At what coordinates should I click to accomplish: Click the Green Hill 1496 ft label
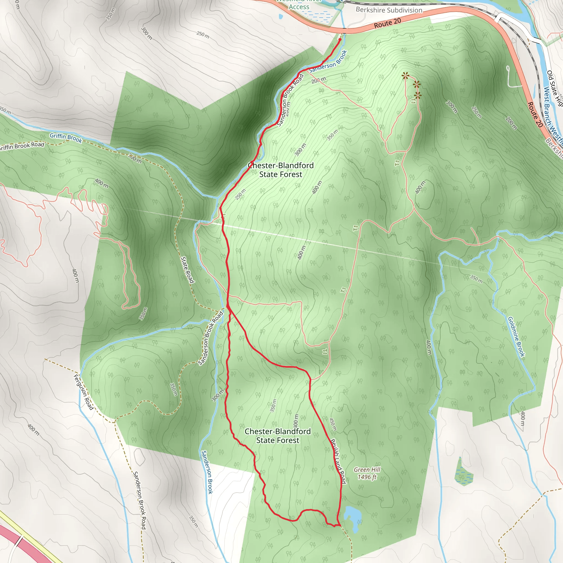(x=367, y=473)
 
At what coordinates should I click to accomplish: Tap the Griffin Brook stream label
(x=66, y=137)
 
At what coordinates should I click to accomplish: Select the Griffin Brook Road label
(x=22, y=146)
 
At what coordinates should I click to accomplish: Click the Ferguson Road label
(x=83, y=392)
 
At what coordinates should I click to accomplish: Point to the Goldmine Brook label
(x=516, y=336)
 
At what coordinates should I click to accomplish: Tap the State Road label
(x=187, y=270)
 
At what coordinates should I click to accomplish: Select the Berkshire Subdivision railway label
(x=389, y=10)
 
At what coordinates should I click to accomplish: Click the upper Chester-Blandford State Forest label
(x=281, y=170)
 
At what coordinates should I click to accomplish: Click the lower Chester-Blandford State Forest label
(x=277, y=436)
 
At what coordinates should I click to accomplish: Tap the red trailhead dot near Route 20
(x=340, y=39)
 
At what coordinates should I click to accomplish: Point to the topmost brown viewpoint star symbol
(x=405, y=76)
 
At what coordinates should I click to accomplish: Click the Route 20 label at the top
(x=387, y=23)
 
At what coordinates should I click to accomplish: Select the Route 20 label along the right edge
(x=535, y=115)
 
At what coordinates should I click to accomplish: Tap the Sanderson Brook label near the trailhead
(x=328, y=62)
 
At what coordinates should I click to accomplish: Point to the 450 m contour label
(x=333, y=424)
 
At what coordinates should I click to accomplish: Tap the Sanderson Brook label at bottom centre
(x=207, y=472)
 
